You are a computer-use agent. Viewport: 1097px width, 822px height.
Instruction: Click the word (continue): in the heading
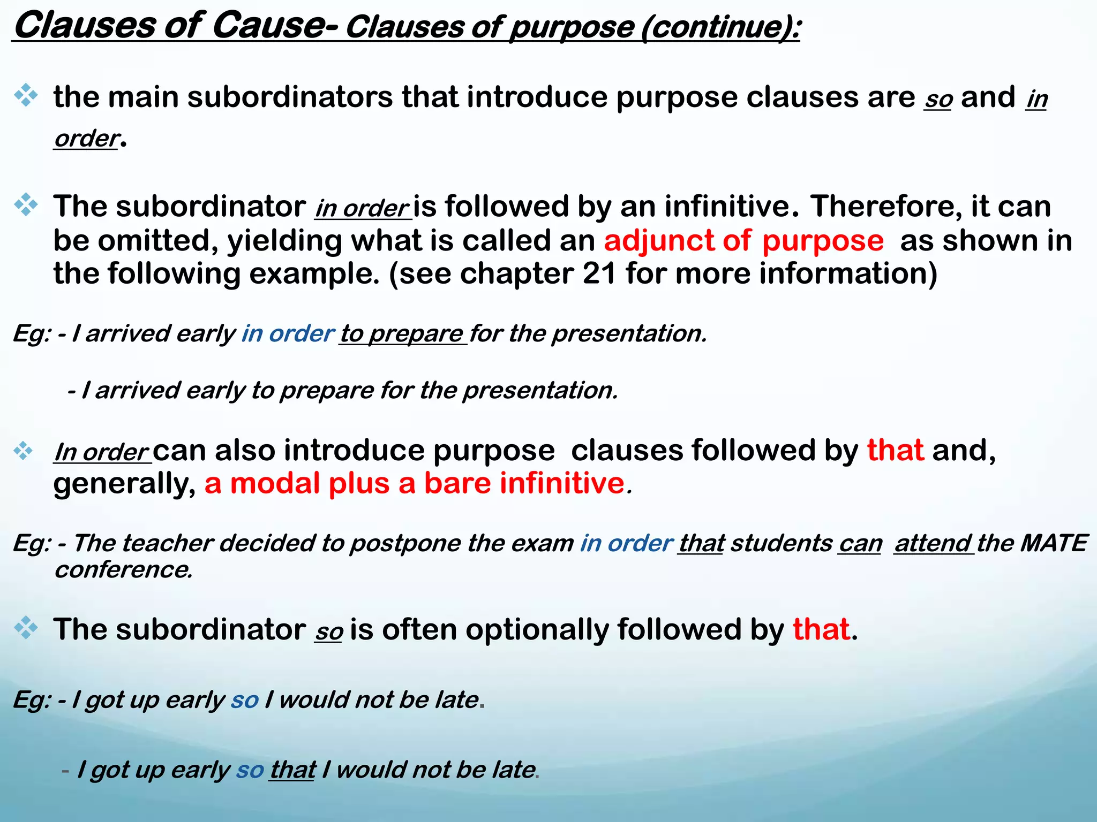[x=720, y=28]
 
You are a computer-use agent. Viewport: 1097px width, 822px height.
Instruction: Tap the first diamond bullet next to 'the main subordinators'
[x=26, y=96]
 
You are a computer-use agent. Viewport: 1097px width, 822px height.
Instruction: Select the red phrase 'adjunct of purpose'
[x=743, y=241]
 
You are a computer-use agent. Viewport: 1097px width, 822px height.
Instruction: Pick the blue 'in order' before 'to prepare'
[x=288, y=333]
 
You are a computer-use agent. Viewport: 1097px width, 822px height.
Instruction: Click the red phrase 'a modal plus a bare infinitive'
[x=415, y=483]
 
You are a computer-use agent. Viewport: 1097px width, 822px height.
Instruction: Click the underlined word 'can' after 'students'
[x=860, y=544]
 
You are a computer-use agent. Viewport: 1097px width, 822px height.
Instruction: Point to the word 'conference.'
[x=123, y=569]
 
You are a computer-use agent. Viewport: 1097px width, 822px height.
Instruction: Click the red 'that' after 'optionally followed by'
[x=821, y=629]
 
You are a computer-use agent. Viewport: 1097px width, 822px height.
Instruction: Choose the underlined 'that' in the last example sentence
[x=292, y=770]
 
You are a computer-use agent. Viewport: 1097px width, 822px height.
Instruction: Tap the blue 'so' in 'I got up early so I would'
[x=245, y=700]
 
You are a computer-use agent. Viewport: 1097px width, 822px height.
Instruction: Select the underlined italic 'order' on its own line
[x=86, y=139]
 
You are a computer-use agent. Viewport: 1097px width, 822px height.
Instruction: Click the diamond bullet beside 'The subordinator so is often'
[x=26, y=628]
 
